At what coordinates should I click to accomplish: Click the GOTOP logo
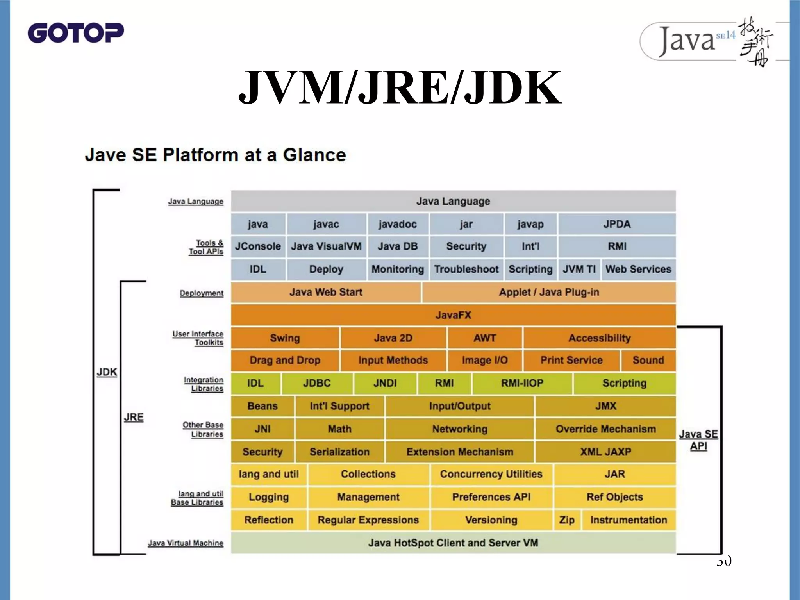click(76, 33)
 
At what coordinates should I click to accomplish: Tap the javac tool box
click(326, 224)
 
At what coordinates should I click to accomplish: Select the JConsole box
click(258, 246)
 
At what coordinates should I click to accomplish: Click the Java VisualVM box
click(326, 246)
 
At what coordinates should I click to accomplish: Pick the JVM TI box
click(579, 269)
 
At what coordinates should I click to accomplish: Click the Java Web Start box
click(326, 292)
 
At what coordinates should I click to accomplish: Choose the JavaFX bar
click(453, 315)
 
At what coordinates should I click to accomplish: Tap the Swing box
click(285, 338)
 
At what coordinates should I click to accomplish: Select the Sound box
click(648, 360)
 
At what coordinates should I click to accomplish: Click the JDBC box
click(317, 383)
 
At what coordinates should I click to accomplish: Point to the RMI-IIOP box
click(522, 383)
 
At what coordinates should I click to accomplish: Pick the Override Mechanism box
click(605, 429)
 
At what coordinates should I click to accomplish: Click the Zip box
click(566, 520)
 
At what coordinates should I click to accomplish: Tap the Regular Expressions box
click(368, 520)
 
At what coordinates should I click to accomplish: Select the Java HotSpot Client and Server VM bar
click(453, 543)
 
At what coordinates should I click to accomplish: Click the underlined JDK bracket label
click(107, 372)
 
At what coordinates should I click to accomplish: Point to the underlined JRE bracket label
click(134, 417)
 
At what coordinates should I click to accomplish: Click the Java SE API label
click(698, 440)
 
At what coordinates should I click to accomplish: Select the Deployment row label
click(202, 293)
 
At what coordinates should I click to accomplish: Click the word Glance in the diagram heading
click(314, 155)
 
